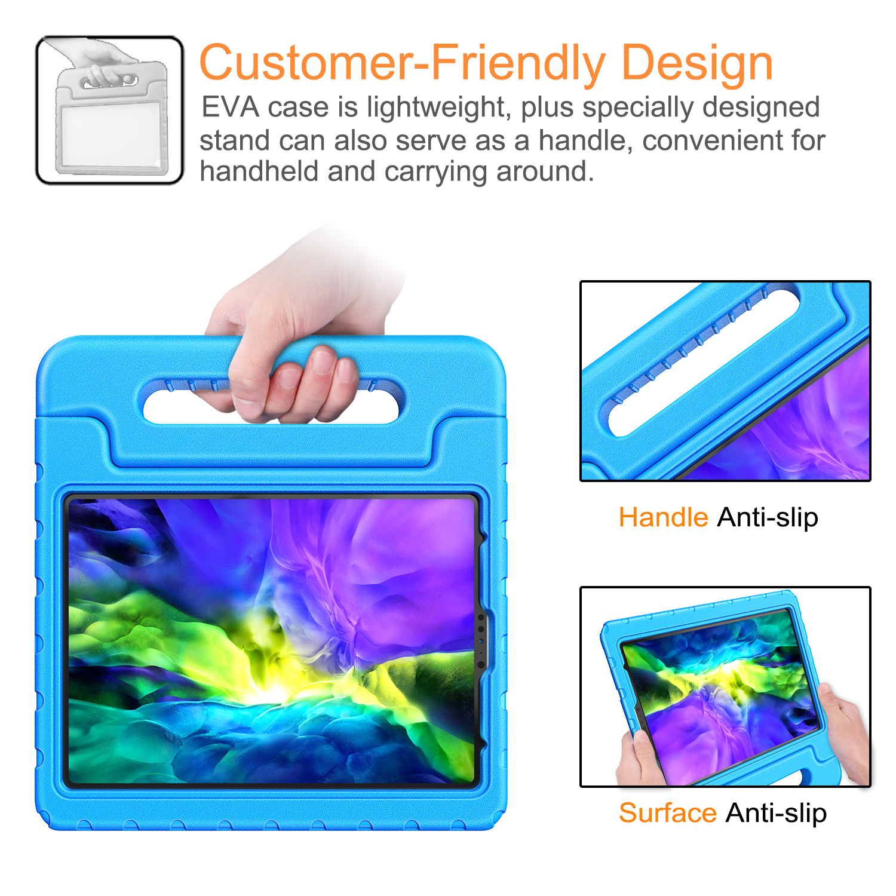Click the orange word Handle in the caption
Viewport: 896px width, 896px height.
pyautogui.click(x=663, y=517)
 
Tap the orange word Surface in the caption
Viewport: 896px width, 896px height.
pyautogui.click(x=667, y=813)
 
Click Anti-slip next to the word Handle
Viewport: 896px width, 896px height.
pyautogui.click(x=768, y=518)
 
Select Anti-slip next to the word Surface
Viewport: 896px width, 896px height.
pyautogui.click(x=776, y=814)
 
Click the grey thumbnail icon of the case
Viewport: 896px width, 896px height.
pyautogui.click(x=110, y=111)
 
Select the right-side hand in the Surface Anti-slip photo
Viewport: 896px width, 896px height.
pyautogui.click(x=843, y=732)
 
